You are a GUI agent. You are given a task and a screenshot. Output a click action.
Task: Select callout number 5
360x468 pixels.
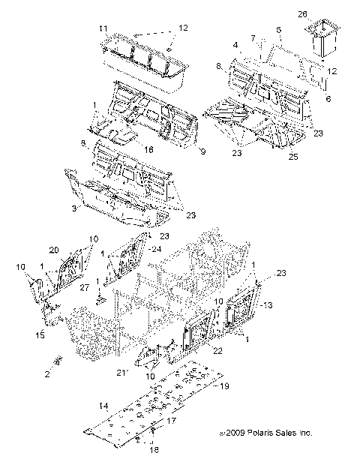279,31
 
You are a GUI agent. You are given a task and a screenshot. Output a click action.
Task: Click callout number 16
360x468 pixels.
149,149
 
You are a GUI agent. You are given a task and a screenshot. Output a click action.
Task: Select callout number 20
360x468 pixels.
53,250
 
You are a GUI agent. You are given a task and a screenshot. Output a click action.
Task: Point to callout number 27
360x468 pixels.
84,286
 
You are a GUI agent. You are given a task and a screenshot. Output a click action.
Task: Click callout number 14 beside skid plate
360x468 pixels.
103,406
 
